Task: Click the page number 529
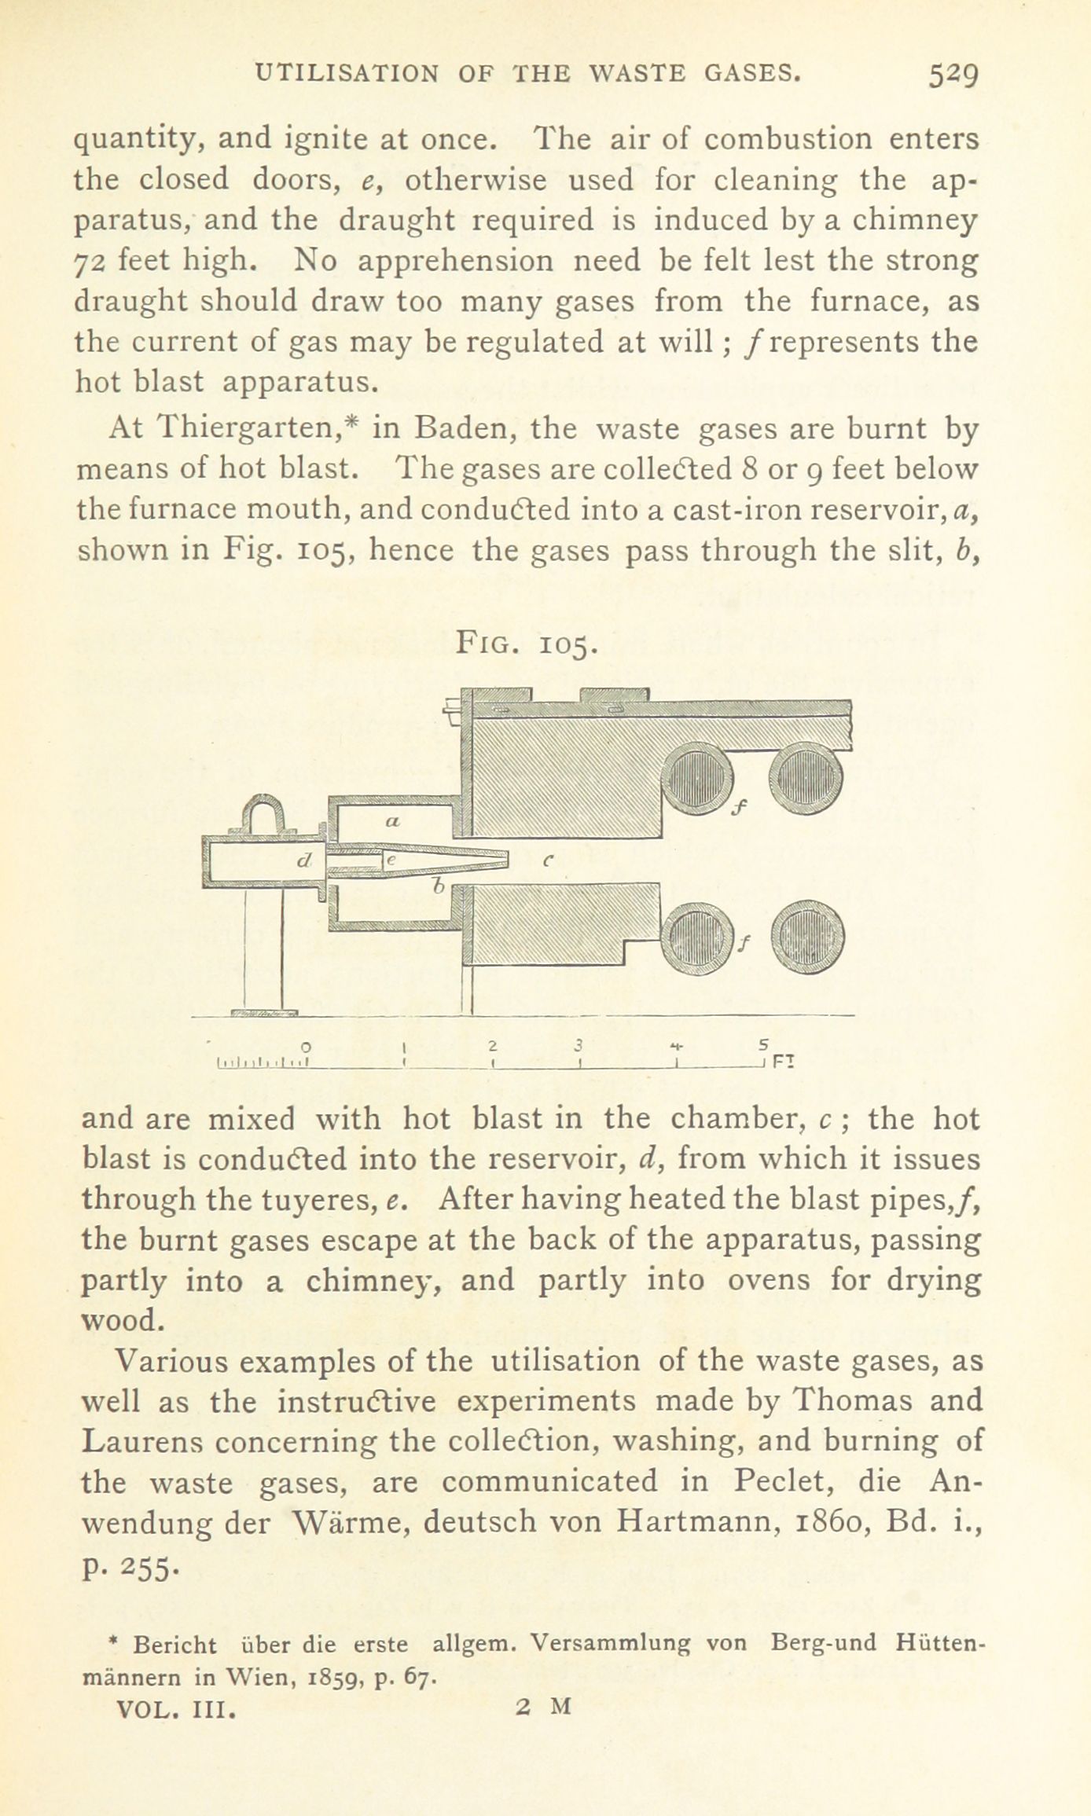(952, 75)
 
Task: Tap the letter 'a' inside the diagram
(393, 822)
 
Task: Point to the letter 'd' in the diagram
(303, 861)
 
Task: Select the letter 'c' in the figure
(549, 860)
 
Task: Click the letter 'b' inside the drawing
(440, 886)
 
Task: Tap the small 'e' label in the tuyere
(390, 861)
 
